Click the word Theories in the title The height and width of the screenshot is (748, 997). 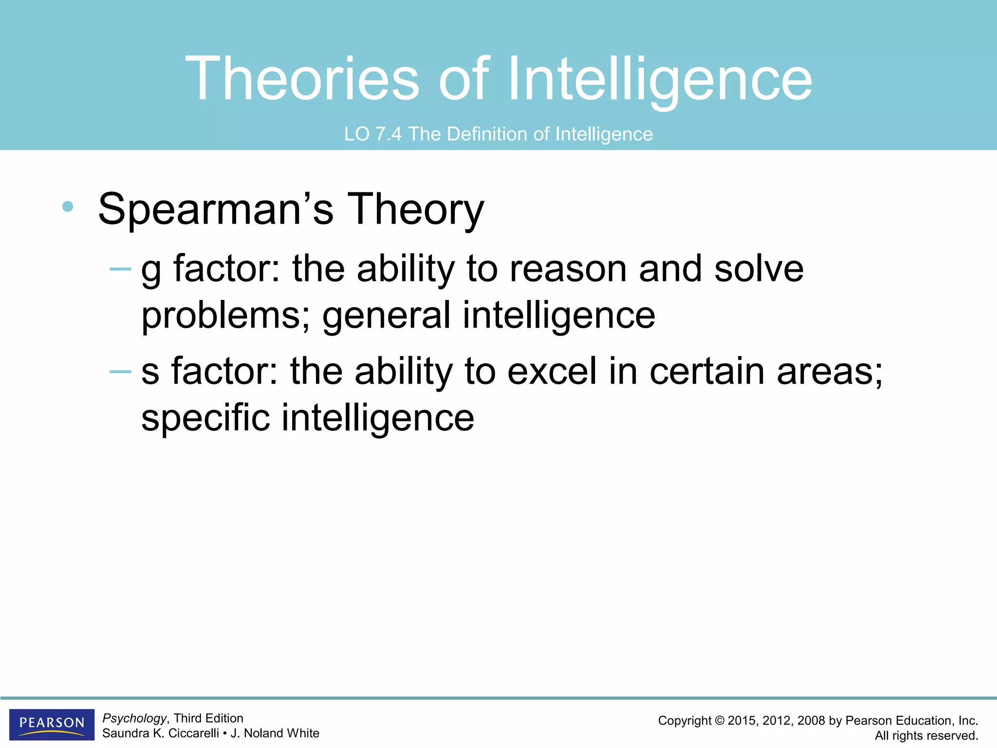coord(302,79)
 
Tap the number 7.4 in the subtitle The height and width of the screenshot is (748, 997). coord(388,134)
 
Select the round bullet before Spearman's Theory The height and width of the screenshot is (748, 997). coord(68,206)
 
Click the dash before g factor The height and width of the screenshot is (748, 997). coord(120,269)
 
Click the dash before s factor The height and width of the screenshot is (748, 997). coord(120,372)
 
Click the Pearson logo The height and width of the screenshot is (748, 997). coord(52,724)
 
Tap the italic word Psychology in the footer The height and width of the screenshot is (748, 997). coord(134,718)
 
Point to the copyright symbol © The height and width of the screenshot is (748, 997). coord(719,721)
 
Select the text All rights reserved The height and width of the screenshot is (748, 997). coord(926,736)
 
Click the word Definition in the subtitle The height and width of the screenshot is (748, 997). coord(487,134)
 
